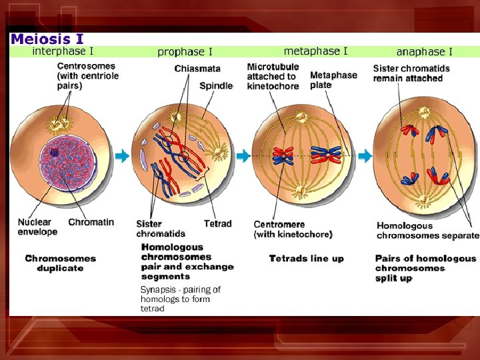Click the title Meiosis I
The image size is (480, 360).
47,39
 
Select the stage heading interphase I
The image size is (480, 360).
63,51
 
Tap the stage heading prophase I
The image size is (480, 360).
185,51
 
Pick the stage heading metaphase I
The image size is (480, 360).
315,51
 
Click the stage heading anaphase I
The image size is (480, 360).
424,51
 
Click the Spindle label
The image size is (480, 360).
216,85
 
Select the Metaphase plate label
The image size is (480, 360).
333,80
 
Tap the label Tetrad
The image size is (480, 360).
217,223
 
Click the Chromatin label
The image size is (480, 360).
91,222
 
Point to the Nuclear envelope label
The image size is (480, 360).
37,227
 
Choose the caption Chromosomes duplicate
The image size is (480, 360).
61,263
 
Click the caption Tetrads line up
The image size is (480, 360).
306,258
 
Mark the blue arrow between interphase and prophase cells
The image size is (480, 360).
122,156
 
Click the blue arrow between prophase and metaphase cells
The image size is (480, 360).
243,155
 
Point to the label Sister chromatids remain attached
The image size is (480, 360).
411,73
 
